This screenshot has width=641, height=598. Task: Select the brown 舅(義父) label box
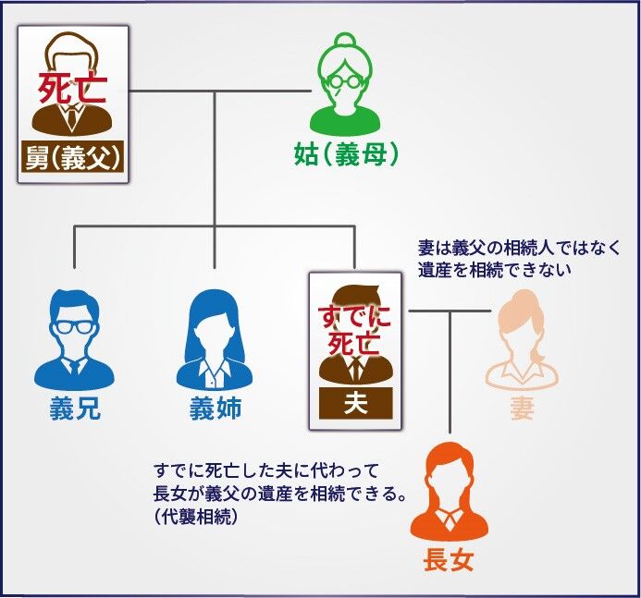72,156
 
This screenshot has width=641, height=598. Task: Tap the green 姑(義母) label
346,154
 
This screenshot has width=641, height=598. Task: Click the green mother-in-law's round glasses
346,81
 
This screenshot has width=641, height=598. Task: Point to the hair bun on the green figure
346,41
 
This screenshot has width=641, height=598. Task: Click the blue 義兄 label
74,408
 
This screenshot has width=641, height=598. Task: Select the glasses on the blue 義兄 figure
74,327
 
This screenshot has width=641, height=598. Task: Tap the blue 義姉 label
216,408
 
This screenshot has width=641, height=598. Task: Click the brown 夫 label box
355,403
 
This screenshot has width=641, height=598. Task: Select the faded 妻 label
522,408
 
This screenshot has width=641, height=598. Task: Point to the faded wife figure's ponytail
539,355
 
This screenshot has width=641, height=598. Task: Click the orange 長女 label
449,559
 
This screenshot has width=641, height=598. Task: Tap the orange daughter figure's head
450,474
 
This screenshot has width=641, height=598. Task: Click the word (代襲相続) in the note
196,517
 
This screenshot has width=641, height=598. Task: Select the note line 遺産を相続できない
494,270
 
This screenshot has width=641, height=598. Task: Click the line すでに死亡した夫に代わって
266,471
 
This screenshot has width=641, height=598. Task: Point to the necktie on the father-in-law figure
72,116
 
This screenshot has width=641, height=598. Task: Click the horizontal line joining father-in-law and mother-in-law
220,92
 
